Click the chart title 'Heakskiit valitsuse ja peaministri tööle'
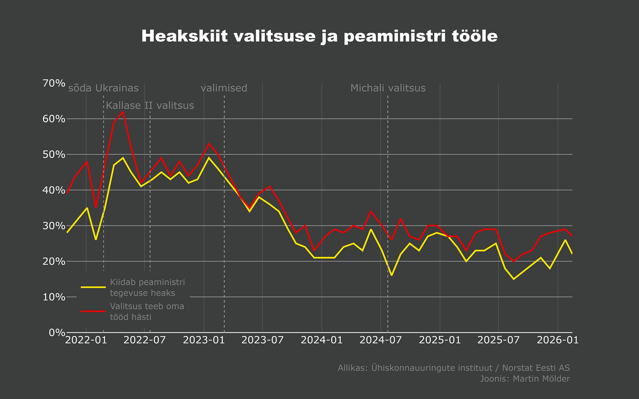(x=319, y=36)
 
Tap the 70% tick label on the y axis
(x=54, y=83)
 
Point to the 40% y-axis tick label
(x=54, y=190)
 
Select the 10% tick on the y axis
(x=54, y=297)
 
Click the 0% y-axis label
(x=56, y=333)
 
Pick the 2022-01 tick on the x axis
(x=86, y=340)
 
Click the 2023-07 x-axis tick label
(x=263, y=340)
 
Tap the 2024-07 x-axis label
(x=380, y=340)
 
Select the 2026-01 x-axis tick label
(x=557, y=340)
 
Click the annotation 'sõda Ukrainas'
(x=103, y=88)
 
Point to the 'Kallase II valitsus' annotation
(x=150, y=105)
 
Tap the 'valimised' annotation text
(x=224, y=88)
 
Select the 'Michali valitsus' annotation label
(x=388, y=88)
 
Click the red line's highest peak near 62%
(x=123, y=112)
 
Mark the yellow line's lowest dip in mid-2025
(x=514, y=279)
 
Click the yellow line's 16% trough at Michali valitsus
(x=392, y=275)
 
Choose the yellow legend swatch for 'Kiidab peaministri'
(x=93, y=287)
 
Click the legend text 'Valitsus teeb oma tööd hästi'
(x=147, y=311)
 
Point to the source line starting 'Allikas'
(x=454, y=368)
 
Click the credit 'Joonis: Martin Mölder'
(x=525, y=379)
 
